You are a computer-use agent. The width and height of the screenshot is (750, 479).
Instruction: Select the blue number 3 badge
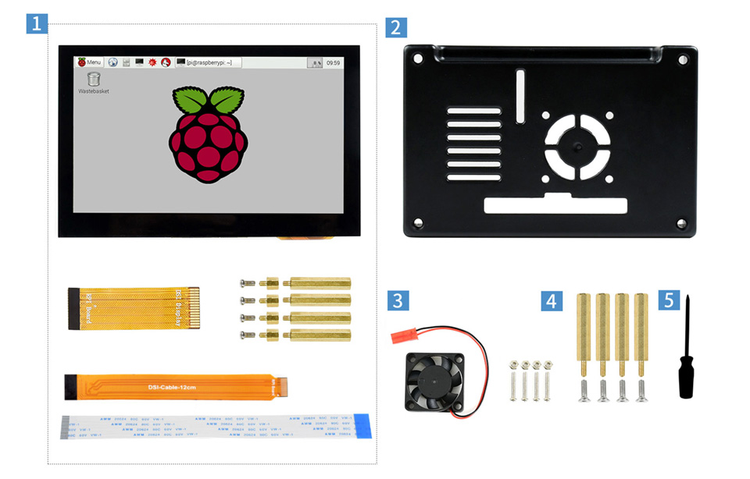tap(398, 300)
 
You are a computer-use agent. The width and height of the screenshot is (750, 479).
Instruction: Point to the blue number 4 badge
tap(552, 300)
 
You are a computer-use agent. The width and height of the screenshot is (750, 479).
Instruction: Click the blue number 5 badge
tap(668, 300)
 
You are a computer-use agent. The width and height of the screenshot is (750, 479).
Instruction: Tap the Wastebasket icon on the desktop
tap(94, 79)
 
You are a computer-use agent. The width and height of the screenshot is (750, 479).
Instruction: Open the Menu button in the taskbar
tap(90, 62)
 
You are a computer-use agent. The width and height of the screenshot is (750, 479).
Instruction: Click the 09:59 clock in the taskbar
tap(333, 62)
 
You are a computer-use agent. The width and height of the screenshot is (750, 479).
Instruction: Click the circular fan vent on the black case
tap(577, 146)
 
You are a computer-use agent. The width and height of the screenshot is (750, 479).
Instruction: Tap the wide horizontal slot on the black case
tap(555, 205)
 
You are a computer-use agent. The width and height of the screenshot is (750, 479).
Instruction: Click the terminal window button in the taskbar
tap(207, 62)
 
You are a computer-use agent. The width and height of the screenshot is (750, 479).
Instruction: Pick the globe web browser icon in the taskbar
tap(112, 62)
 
